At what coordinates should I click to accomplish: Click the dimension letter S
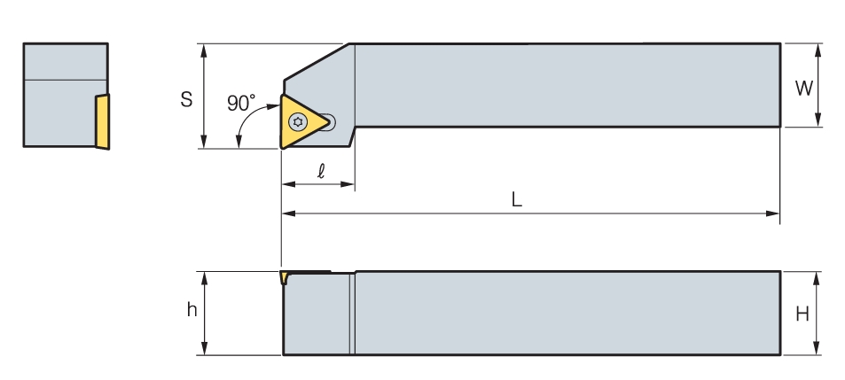186,99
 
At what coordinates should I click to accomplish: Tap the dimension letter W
804,88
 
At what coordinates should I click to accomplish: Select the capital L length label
516,199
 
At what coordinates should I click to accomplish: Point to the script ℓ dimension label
321,171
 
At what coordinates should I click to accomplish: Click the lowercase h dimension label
192,309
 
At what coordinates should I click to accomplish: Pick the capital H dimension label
802,314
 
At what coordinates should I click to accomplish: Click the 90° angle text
241,103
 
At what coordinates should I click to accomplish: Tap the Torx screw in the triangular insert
298,122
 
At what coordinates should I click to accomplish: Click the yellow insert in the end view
102,121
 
